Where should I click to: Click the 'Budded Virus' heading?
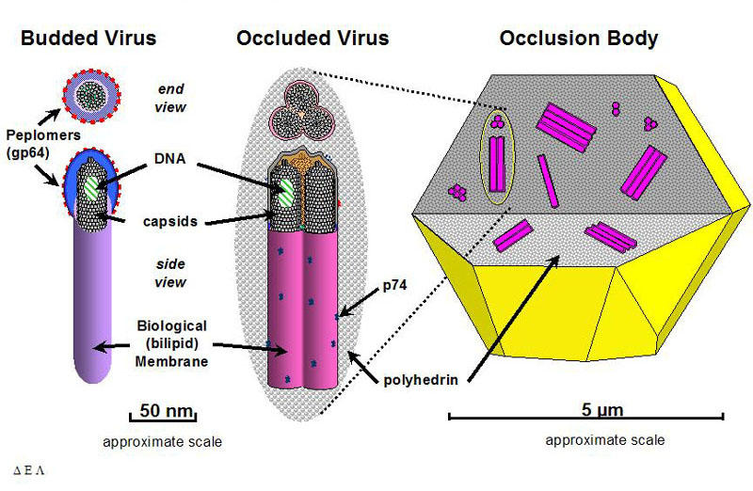88,39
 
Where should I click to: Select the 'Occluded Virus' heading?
312,39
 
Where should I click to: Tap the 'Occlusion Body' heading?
579,39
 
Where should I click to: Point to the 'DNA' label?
170,163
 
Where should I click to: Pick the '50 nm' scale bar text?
162,410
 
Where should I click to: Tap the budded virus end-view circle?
91,93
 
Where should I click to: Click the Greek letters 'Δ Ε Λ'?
28,467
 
